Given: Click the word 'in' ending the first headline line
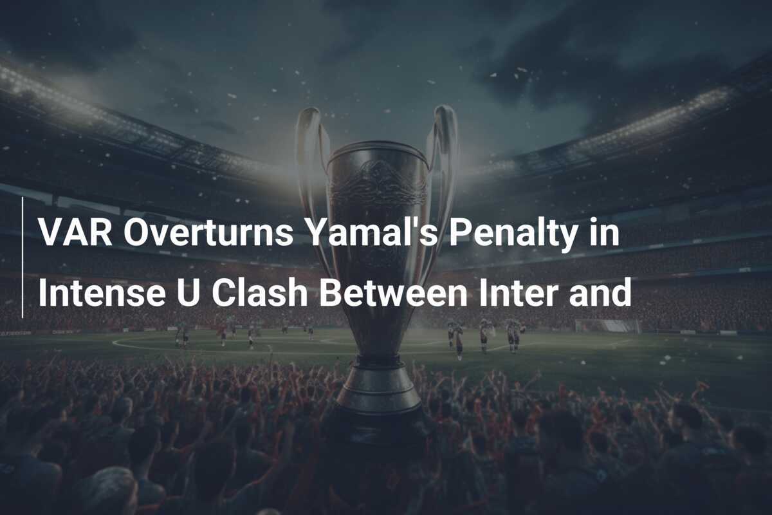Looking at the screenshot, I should pyautogui.click(x=607, y=233).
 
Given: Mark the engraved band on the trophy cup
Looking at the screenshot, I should pyautogui.click(x=378, y=183).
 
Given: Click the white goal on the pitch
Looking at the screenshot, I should pyautogui.click(x=607, y=326).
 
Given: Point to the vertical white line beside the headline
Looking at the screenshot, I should pyautogui.click(x=23, y=257).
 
